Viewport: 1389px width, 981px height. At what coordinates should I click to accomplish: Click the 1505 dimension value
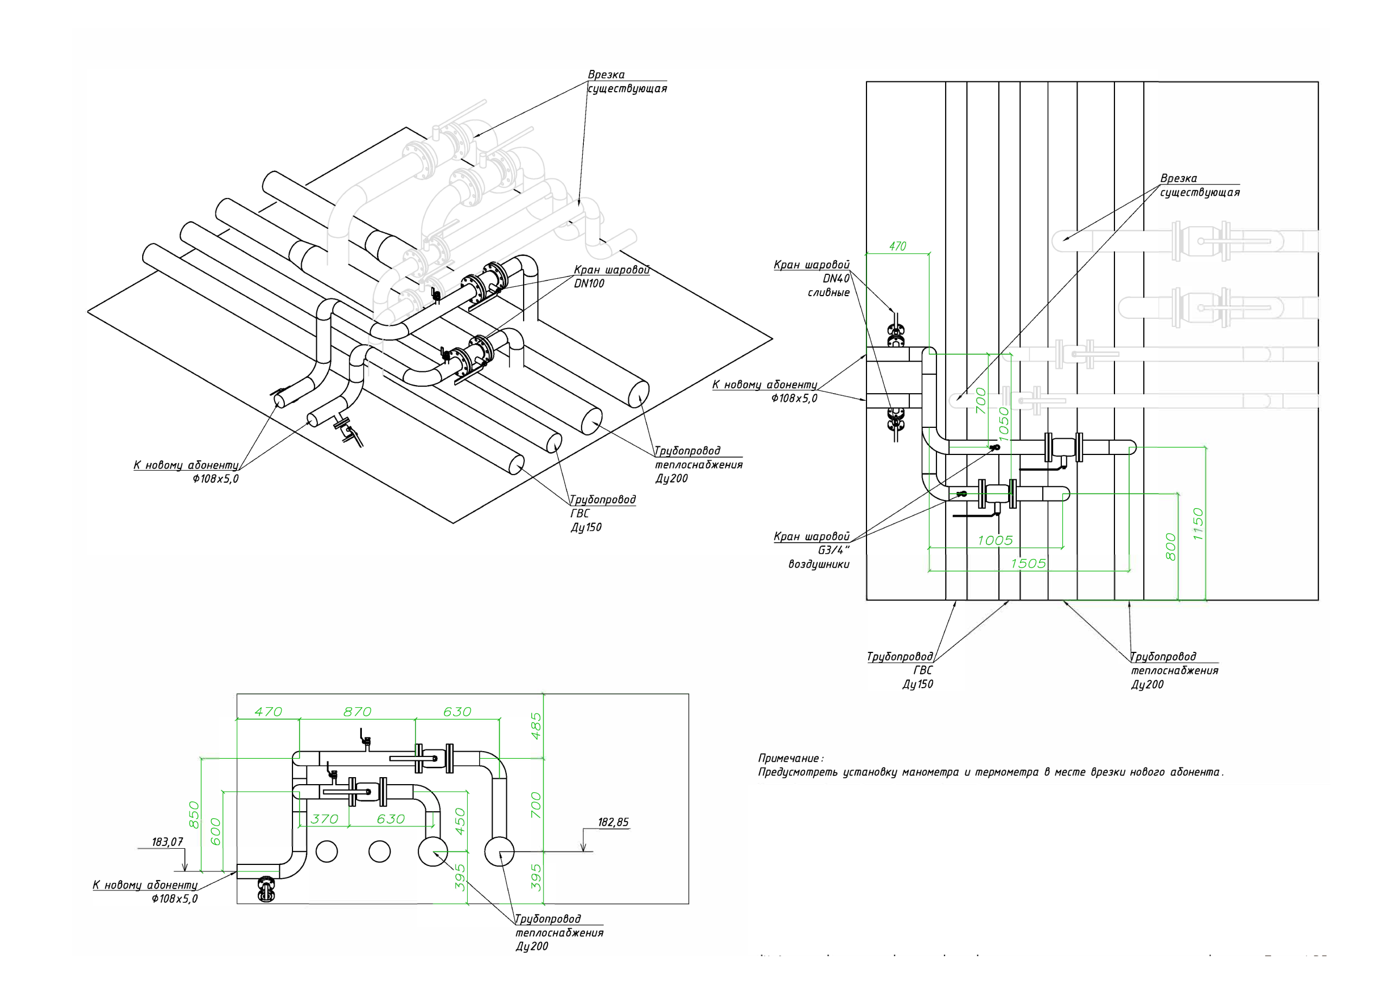pyautogui.click(x=1028, y=563)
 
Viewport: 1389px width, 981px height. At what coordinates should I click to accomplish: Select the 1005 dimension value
pyautogui.click(x=995, y=541)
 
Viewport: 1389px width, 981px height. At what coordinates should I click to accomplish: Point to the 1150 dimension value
pyautogui.click(x=1198, y=524)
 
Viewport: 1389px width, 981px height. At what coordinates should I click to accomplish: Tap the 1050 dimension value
pyautogui.click(x=1004, y=424)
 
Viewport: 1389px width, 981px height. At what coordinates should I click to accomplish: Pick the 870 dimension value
pyautogui.click(x=357, y=712)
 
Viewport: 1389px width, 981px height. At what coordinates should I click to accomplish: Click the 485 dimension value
pyautogui.click(x=536, y=726)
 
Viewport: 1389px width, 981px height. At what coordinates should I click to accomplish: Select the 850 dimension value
pyautogui.click(x=194, y=815)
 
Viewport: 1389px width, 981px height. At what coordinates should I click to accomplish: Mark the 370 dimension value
pyautogui.click(x=324, y=819)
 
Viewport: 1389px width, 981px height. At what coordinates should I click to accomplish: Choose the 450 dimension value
pyautogui.click(x=460, y=822)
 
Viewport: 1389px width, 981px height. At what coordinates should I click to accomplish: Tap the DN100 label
pyautogui.click(x=589, y=284)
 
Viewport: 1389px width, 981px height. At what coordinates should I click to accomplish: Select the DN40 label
pyautogui.click(x=836, y=279)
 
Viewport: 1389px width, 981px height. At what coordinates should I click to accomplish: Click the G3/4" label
pyautogui.click(x=833, y=550)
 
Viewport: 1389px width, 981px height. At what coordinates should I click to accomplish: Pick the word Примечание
pyautogui.click(x=790, y=759)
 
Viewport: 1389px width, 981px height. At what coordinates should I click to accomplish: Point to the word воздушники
pyautogui.click(x=819, y=565)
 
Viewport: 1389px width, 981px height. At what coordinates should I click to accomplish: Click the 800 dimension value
pyautogui.click(x=1170, y=547)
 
